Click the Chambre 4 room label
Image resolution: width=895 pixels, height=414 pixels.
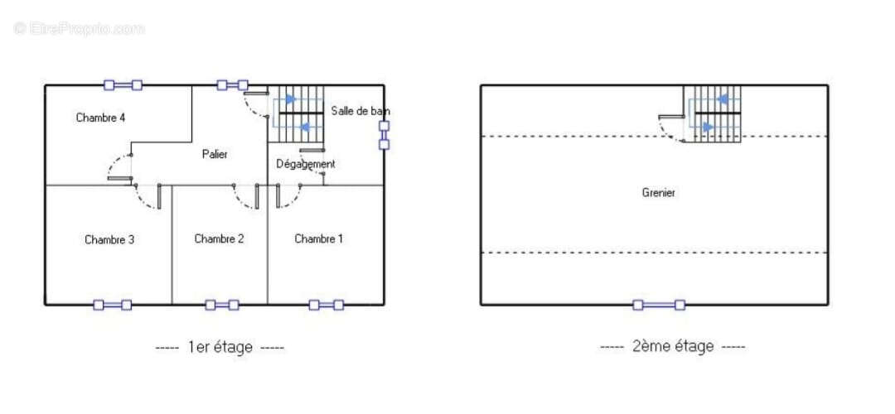(100, 118)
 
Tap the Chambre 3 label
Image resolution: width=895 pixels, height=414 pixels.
(109, 239)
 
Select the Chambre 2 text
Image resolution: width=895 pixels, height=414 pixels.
(219, 238)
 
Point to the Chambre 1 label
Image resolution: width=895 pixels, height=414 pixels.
(318, 238)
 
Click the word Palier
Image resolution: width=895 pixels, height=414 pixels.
(215, 154)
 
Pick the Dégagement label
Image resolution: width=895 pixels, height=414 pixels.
(305, 164)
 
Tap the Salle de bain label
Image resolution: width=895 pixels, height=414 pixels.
(360, 111)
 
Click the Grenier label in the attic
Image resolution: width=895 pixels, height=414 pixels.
(659, 193)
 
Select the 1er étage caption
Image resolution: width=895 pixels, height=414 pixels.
(220, 347)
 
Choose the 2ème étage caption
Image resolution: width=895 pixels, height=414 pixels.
(672, 345)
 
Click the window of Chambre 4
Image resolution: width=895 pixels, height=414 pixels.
(123, 85)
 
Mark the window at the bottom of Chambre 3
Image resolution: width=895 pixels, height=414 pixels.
(113, 305)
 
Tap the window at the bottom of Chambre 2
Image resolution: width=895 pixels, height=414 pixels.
(222, 305)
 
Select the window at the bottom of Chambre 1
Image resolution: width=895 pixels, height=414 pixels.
(327, 305)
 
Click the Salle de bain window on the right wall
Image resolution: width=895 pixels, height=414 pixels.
(385, 135)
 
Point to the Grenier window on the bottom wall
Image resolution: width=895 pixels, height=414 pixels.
(659, 305)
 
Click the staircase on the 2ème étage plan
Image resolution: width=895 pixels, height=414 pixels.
(713, 113)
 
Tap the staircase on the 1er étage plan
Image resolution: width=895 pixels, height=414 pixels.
(296, 113)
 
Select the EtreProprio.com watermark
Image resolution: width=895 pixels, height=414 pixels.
(80, 28)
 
